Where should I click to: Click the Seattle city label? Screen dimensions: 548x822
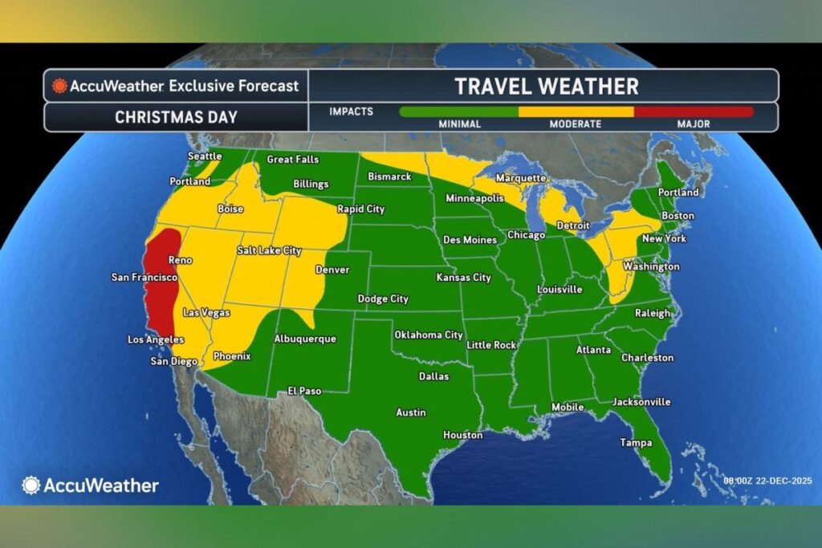coord(205,156)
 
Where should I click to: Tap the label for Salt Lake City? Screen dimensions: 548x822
coord(269,251)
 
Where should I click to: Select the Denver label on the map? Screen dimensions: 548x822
coord(332,270)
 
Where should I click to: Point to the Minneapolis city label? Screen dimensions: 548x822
coord(474,198)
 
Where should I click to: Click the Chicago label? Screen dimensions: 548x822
coord(526,235)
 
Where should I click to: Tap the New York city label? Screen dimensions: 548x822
coord(663,239)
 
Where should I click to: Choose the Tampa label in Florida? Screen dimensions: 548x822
coord(636,443)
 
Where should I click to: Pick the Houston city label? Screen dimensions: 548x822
coord(463,435)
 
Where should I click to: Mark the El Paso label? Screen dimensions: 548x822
coord(304,392)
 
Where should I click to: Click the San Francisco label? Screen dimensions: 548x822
coord(144,278)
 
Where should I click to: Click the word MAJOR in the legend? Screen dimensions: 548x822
coord(693,124)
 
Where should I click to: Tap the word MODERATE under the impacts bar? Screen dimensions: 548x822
coord(575,124)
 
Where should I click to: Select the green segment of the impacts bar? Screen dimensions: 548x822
coord(458,112)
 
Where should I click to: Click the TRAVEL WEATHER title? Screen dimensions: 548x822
coord(547,86)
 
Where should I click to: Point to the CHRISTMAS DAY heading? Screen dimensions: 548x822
coord(176,117)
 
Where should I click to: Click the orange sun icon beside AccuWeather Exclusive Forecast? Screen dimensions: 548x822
coord(59,86)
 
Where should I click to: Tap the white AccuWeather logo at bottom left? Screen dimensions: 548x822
coord(90,485)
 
